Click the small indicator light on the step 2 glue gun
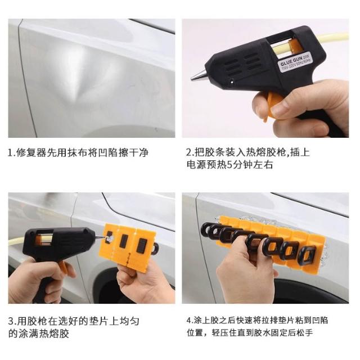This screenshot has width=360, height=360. pyautogui.click(x=232, y=80)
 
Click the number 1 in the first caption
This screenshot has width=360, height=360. pyautogui.click(x=11, y=152)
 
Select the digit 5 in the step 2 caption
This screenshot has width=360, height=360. pyautogui.click(x=229, y=165)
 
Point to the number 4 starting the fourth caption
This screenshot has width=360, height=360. pyautogui.click(x=189, y=321)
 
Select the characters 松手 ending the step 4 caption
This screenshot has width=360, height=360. pyautogui.click(x=306, y=332)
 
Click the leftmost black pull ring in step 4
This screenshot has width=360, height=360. pyautogui.click(x=207, y=229)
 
